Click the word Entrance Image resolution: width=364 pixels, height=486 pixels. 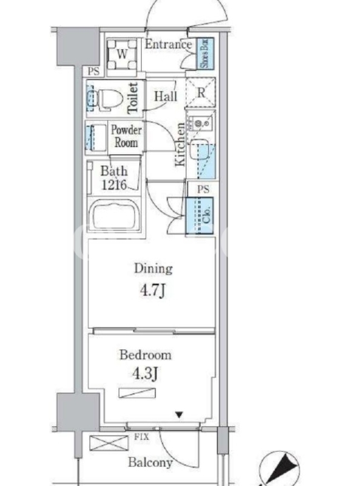click(169, 44)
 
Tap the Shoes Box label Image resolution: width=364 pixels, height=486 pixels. click(206, 53)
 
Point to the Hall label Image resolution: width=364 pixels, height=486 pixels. click(166, 97)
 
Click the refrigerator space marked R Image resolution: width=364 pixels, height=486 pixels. click(201, 92)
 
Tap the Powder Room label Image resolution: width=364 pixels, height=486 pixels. click(126, 136)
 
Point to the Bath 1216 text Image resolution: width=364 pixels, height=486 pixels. click(114, 178)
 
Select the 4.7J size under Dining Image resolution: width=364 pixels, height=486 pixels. click(153, 290)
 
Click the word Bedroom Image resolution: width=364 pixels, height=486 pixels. click(146, 355)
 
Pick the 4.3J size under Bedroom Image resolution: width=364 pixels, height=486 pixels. click(145, 374)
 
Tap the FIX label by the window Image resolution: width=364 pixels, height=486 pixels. click(141, 437)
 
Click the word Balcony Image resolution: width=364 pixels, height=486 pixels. click(150, 462)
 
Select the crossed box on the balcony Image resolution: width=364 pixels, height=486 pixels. click(109, 443)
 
